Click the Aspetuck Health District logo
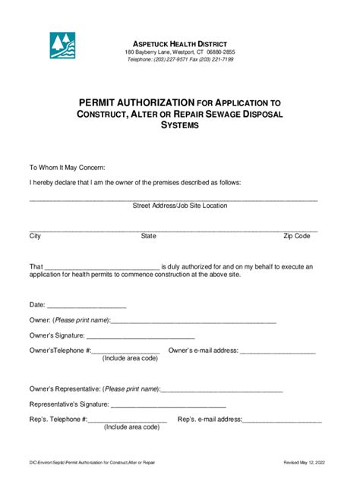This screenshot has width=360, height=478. pos(62,46)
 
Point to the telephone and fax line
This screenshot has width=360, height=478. pos(179,59)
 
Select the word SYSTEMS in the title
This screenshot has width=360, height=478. pos(179,125)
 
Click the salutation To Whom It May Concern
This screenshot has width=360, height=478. pos(67,168)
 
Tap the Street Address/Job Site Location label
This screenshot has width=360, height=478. pos(179,206)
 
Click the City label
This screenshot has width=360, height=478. pos(35,237)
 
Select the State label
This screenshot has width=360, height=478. pos(148,237)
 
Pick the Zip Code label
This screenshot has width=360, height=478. pos(297,237)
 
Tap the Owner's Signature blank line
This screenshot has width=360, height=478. pos(141,337)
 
